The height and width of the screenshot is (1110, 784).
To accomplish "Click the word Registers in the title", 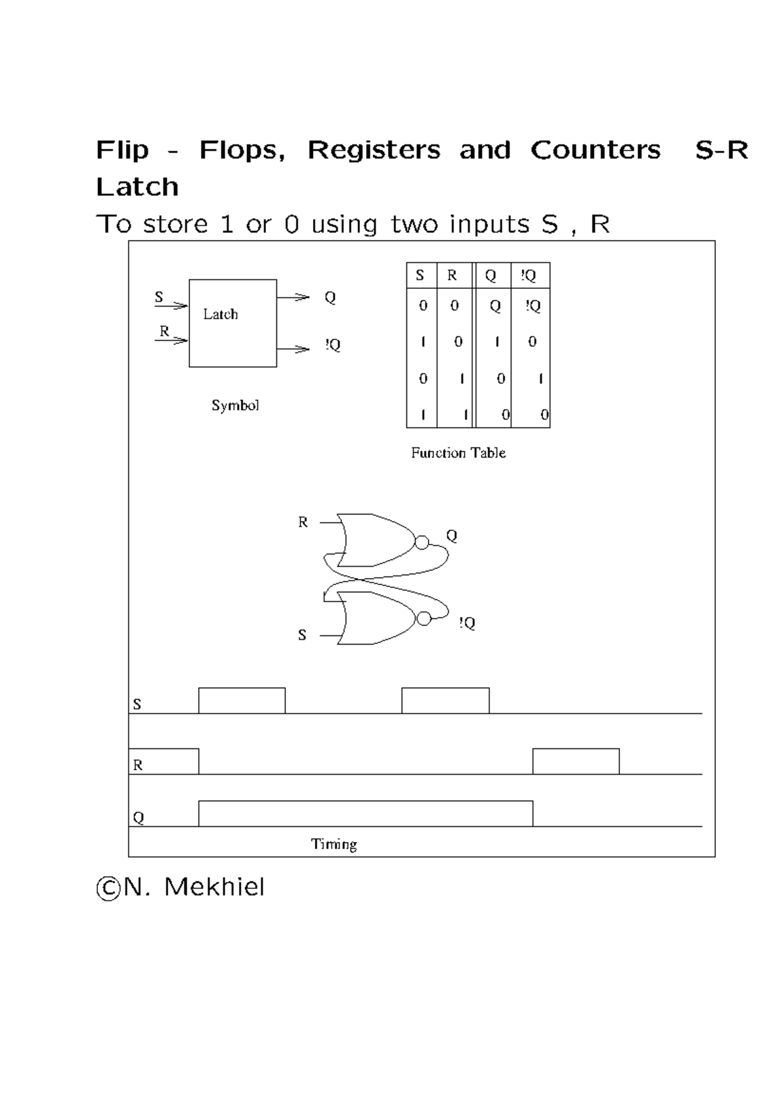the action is [x=374, y=150].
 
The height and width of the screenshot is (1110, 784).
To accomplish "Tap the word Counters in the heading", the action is [x=595, y=150].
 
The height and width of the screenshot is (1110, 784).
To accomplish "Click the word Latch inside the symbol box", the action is [x=220, y=314].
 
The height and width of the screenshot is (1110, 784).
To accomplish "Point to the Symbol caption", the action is [x=235, y=406].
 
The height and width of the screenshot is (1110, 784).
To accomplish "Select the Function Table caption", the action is [x=458, y=453].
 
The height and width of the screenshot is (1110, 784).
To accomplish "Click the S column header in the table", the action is [x=420, y=275].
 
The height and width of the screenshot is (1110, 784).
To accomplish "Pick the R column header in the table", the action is [x=451, y=275].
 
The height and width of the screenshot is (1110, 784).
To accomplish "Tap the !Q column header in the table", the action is [x=529, y=275].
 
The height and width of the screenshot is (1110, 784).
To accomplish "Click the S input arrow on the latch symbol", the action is [x=171, y=306].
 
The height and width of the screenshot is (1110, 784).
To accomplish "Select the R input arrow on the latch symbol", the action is [x=171, y=341].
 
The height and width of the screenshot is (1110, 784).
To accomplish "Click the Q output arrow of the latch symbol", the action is [x=293, y=297].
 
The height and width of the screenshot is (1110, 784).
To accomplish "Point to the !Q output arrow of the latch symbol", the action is [x=293, y=349].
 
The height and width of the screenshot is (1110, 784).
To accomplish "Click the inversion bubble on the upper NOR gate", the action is [x=421, y=543].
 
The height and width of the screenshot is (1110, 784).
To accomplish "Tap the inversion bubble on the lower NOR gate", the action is [x=424, y=618].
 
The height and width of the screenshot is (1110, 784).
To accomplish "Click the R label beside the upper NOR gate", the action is [x=302, y=522].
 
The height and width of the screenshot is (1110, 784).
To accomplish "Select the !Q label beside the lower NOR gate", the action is [x=467, y=623].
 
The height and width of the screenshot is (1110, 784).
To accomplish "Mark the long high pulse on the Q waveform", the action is [x=365, y=801].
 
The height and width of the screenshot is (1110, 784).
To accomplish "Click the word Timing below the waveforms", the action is [x=334, y=844].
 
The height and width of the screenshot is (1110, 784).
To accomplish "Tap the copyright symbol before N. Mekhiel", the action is [x=108, y=888].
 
